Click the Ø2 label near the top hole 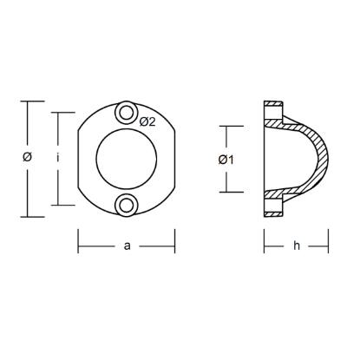point(147,121)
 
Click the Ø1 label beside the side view point(224,159)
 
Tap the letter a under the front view point(127,246)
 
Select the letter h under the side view point(296,246)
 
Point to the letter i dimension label point(56,157)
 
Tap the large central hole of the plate point(127,158)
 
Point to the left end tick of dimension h point(264,245)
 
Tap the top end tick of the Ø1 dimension point(227,126)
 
